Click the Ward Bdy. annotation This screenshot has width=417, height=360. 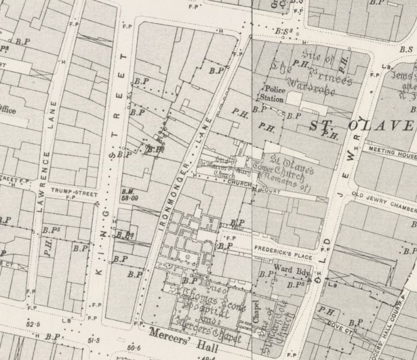point(288,268)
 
